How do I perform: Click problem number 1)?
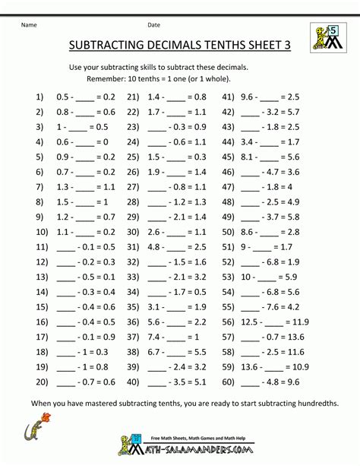click(40, 97)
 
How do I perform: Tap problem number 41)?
click(228, 97)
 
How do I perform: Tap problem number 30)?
click(134, 232)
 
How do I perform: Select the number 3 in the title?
click(286, 46)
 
